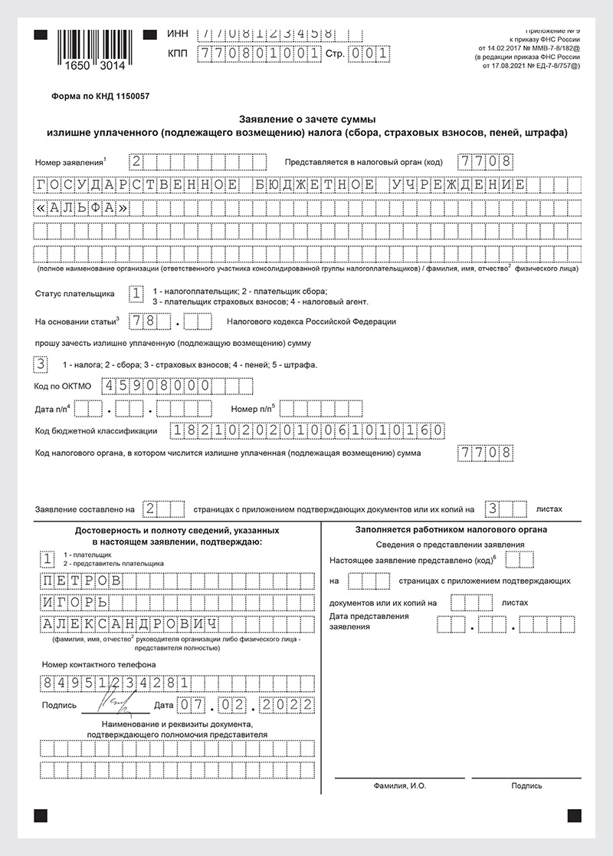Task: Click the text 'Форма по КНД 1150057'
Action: [x=100, y=98]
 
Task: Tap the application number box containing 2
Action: [x=136, y=162]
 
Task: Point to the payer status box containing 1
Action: [x=136, y=293]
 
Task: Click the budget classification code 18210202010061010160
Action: [x=306, y=430]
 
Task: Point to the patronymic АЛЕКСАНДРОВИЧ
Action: [x=127, y=623]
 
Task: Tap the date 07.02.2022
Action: [x=244, y=704]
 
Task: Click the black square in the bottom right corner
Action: [x=574, y=815]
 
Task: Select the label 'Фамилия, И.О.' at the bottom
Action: [x=400, y=785]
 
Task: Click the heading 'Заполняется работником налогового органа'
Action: [x=451, y=530]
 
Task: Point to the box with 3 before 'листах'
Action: [x=495, y=509]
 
